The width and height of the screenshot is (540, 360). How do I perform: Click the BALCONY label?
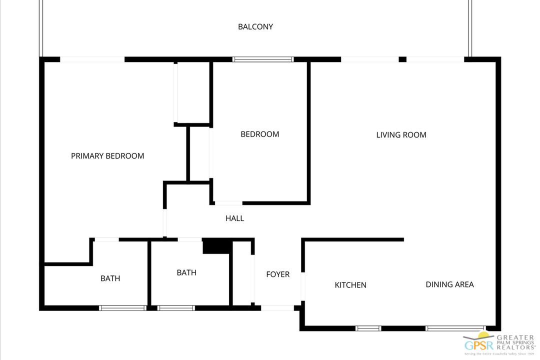click(255, 27)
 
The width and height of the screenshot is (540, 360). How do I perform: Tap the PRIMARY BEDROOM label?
click(107, 156)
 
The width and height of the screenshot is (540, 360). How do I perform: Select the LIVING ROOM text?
click(401, 135)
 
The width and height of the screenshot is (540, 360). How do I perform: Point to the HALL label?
click(234, 218)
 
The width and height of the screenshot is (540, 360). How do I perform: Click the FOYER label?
click(277, 274)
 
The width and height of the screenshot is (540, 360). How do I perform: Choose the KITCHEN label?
click(350, 285)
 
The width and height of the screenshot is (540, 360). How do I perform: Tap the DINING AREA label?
click(449, 284)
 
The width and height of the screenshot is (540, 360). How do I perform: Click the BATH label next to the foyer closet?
click(186, 273)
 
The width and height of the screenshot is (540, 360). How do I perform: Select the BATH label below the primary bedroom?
click(110, 278)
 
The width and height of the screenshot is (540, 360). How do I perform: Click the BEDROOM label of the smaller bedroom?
click(259, 134)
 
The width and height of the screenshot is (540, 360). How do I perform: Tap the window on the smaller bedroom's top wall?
click(263, 59)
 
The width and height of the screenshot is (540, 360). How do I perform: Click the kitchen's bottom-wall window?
click(368, 328)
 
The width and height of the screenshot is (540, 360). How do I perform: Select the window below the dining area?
click(455, 328)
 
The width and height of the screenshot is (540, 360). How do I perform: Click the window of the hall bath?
click(176, 308)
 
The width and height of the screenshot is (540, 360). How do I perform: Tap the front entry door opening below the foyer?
click(277, 308)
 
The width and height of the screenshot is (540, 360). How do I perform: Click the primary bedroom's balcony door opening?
click(92, 59)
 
